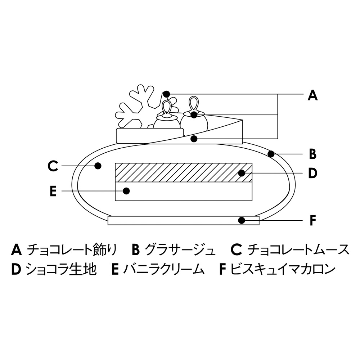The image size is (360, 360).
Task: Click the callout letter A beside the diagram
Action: (x=312, y=95)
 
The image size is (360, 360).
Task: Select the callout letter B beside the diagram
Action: (x=312, y=154)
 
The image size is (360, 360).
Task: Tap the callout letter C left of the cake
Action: (x=53, y=166)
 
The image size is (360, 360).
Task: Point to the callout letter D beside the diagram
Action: (x=312, y=173)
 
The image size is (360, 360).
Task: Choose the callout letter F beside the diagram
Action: (x=313, y=220)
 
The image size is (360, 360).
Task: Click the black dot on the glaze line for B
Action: (x=271, y=154)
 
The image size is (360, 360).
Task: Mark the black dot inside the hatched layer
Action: (x=242, y=173)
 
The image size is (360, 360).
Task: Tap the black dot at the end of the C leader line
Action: (x=97, y=166)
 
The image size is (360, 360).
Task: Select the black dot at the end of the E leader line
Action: (x=126, y=191)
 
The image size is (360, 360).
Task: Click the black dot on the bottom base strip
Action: (x=242, y=220)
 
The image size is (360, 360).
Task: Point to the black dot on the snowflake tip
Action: (x=166, y=94)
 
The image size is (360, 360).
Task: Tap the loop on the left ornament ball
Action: (x=167, y=107)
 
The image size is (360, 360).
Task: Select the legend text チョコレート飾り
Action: (x=72, y=249)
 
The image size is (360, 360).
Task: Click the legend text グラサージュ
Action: (x=180, y=249)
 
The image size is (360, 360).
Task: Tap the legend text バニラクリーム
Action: (x=164, y=269)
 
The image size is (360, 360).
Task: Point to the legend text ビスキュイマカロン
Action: (x=283, y=269)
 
